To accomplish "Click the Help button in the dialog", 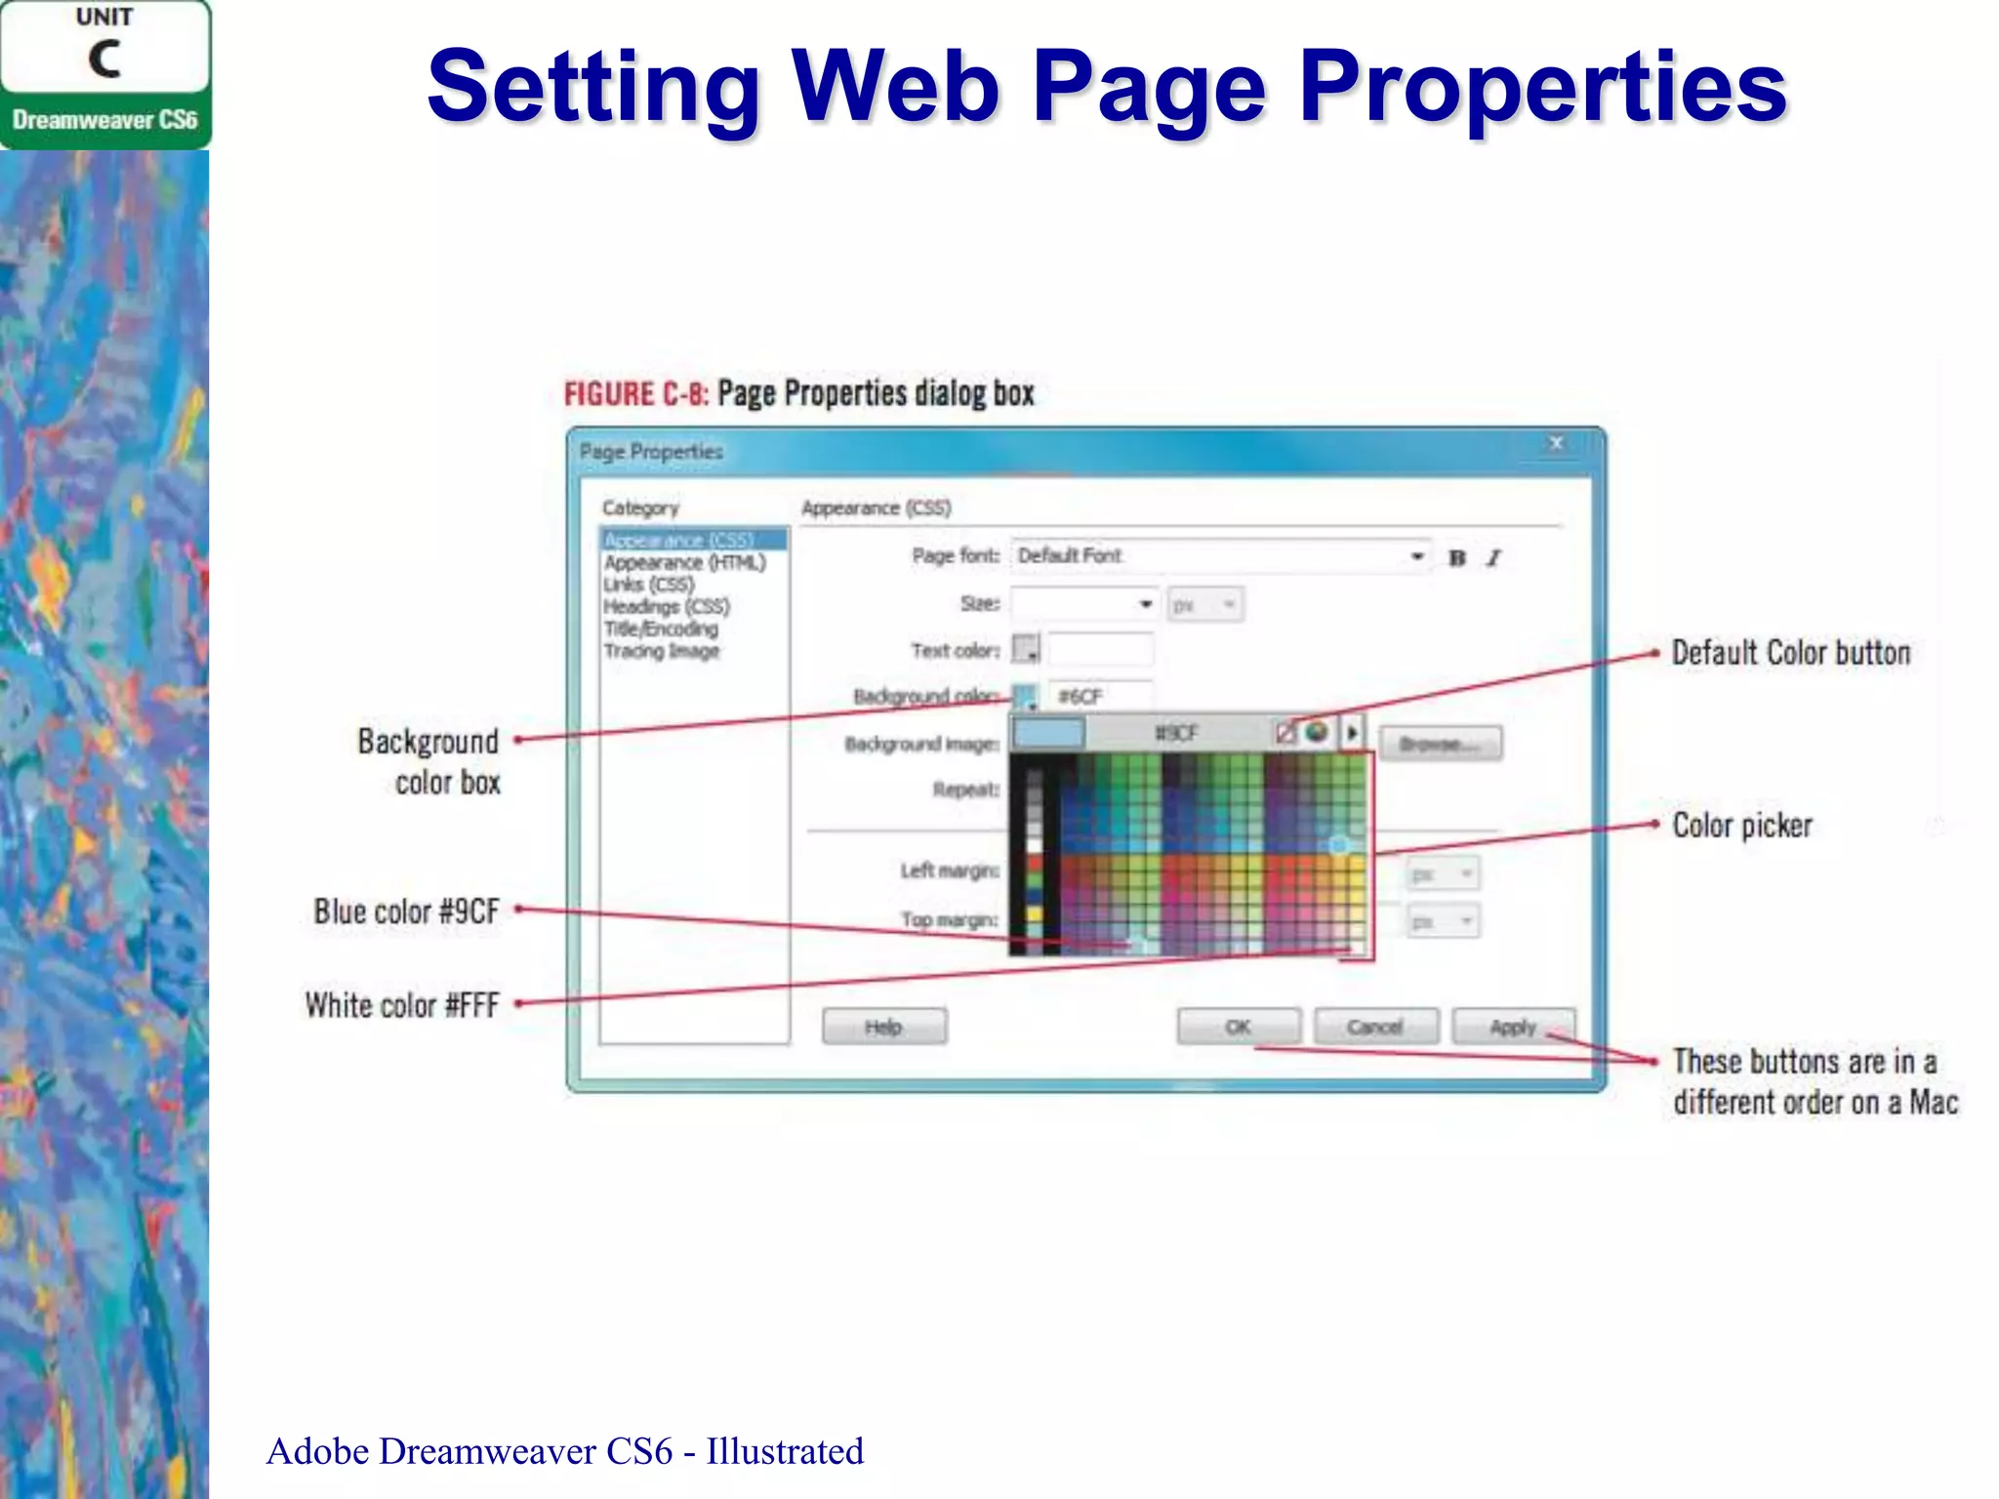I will (883, 1027).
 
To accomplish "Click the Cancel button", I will (1375, 1027).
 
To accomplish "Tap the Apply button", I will (1512, 1027).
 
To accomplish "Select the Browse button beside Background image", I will (1440, 744).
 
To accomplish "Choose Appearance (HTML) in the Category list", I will (684, 563).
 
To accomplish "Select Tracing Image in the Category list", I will (661, 651).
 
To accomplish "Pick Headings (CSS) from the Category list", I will (666, 606).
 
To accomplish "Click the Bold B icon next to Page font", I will (1457, 558).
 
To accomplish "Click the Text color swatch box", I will (1025, 648).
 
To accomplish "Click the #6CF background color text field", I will (1100, 696).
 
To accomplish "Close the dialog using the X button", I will (1556, 444).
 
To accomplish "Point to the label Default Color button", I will (1790, 653).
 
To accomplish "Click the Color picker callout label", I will (1741, 826).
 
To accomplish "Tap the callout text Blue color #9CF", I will (406, 912).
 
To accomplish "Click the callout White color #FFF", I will (401, 1005).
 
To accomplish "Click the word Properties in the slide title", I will (1542, 88).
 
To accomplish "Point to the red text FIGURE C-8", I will (635, 394).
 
